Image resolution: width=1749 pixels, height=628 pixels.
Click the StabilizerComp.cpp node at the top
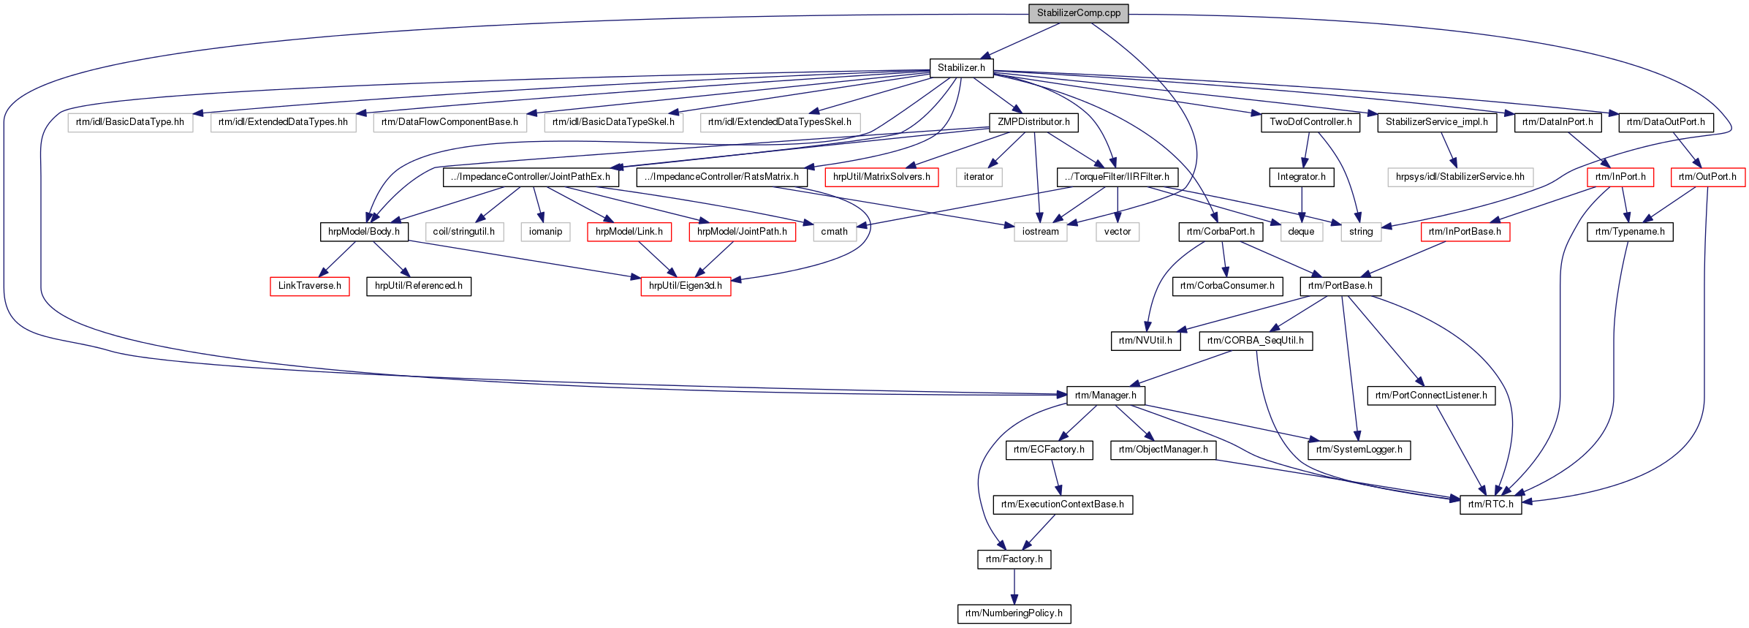[1078, 13]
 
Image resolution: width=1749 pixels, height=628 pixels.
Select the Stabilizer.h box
[961, 68]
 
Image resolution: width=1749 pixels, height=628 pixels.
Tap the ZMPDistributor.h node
[1033, 122]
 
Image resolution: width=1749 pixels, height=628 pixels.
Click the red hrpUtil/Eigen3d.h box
[685, 286]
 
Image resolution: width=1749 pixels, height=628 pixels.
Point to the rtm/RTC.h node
[1490, 504]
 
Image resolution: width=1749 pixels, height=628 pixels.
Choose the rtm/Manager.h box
[1105, 396]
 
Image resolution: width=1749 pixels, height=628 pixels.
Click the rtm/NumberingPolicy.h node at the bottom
[1014, 613]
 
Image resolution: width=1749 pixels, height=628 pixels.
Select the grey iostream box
[1040, 232]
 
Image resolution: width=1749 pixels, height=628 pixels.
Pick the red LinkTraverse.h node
[309, 286]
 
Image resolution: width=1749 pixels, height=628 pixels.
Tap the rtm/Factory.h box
[1014, 559]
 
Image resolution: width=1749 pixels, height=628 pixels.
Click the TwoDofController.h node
[1310, 122]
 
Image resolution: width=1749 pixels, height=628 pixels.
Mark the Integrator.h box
[1301, 177]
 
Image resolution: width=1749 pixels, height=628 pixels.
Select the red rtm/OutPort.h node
[1707, 177]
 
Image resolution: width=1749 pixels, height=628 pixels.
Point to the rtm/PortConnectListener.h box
[1430, 396]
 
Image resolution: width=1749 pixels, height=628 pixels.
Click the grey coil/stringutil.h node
[463, 232]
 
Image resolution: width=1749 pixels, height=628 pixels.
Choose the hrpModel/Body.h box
[363, 232]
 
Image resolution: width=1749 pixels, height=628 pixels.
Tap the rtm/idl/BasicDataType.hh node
[130, 122]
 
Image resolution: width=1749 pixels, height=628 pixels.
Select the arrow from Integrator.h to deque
[1301, 204]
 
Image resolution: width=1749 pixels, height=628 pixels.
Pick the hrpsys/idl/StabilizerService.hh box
[1460, 177]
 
